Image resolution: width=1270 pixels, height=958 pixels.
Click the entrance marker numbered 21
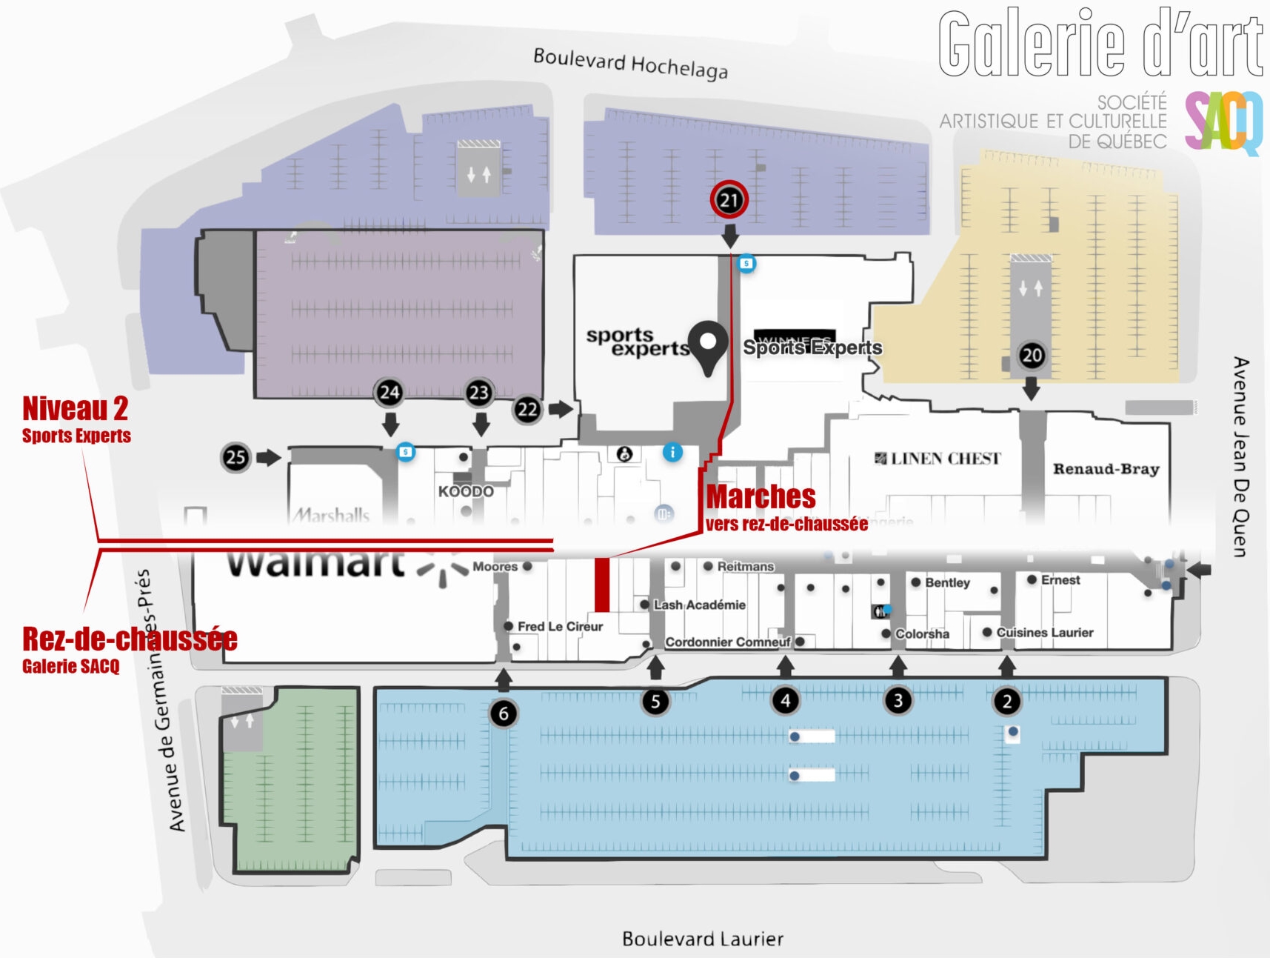[x=729, y=200]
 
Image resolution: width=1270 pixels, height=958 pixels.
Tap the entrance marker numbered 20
[x=1032, y=356]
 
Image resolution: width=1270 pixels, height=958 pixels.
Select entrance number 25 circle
[x=236, y=458]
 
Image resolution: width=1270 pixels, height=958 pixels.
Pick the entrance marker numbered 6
[x=504, y=713]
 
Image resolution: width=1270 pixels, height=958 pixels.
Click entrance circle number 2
[x=1006, y=702]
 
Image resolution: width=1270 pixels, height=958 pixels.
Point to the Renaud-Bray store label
[x=1106, y=469]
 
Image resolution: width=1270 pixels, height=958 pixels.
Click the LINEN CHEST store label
[x=938, y=459]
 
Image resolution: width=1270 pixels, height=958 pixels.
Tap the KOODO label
[x=466, y=491]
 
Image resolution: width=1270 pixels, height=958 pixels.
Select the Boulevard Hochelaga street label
[x=630, y=64]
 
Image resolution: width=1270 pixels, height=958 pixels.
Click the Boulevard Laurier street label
[x=702, y=939]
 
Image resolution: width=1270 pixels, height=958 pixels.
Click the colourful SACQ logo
[x=1223, y=122]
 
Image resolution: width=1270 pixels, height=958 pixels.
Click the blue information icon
[x=672, y=452]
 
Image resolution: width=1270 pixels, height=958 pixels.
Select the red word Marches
[x=761, y=496]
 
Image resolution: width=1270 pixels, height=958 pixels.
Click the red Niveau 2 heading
[x=75, y=408]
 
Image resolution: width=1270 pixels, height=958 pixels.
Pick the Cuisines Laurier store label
[x=1044, y=633]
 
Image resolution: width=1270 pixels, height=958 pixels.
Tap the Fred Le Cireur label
[x=560, y=627]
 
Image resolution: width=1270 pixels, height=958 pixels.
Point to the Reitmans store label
[x=745, y=567]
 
